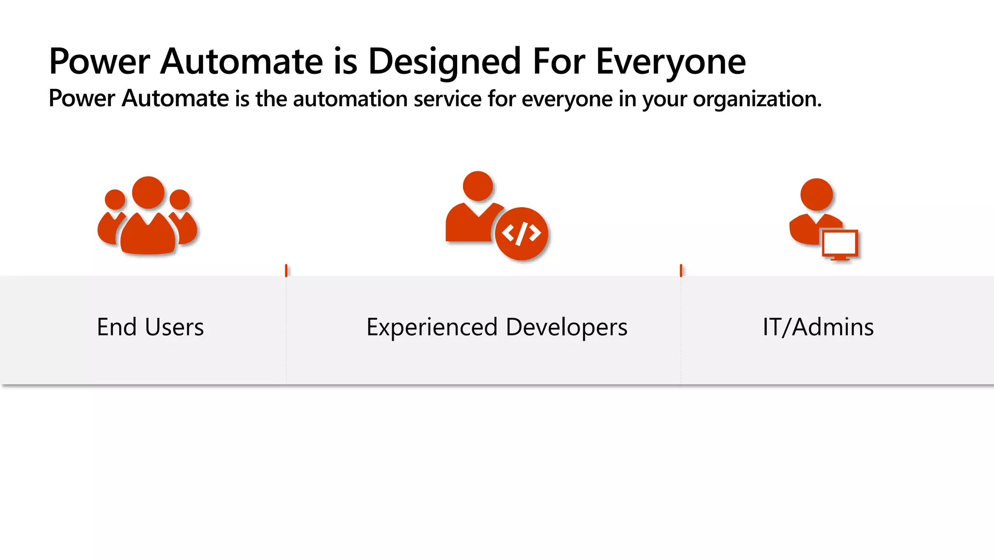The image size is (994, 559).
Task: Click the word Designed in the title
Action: pyautogui.click(x=444, y=62)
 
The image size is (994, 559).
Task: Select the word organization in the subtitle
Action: pyautogui.click(x=757, y=99)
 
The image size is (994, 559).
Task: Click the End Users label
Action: pyautogui.click(x=150, y=327)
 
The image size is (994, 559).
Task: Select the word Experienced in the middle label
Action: pyautogui.click(x=432, y=327)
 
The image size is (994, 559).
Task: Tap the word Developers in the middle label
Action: pyautogui.click(x=566, y=327)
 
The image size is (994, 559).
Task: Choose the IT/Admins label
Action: pyautogui.click(x=818, y=327)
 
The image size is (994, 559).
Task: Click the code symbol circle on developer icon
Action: pyautogui.click(x=522, y=233)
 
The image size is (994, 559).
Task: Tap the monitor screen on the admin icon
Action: pyautogui.click(x=840, y=243)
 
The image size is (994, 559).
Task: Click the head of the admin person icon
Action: pyautogui.click(x=816, y=194)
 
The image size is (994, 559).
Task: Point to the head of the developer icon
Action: pyautogui.click(x=478, y=186)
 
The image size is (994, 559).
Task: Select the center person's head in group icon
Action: pyautogui.click(x=148, y=193)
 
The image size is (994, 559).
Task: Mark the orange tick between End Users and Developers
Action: pyautogui.click(x=286, y=270)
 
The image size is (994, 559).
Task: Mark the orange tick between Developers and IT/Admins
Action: pyautogui.click(x=681, y=270)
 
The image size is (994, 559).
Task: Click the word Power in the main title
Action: pyautogui.click(x=99, y=62)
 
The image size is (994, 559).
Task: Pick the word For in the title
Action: pyautogui.click(x=559, y=62)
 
